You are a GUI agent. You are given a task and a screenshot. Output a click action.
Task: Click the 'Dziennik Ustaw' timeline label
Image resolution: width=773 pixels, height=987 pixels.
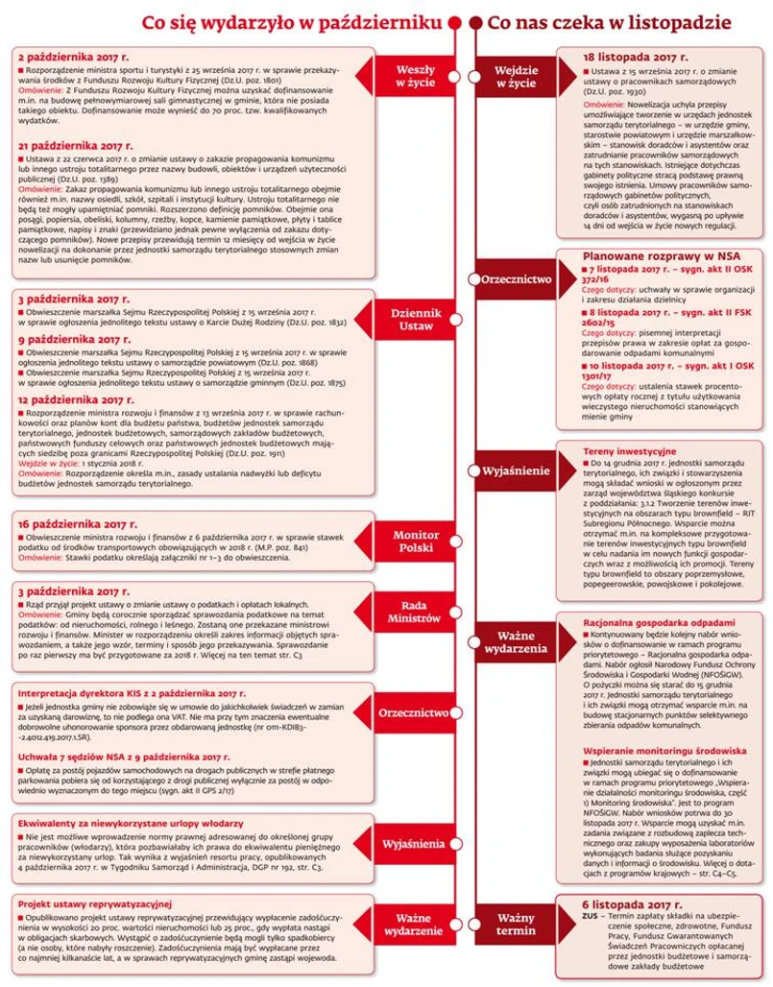tap(417, 320)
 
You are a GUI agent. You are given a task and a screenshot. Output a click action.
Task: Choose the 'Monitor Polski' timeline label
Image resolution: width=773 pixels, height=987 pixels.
tap(417, 542)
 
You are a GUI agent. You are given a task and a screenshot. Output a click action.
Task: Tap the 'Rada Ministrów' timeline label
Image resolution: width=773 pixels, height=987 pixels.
tap(417, 612)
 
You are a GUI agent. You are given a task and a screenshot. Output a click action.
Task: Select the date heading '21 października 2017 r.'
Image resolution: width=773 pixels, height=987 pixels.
tap(78, 144)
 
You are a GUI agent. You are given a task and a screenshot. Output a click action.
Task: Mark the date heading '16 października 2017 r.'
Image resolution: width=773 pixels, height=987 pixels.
tap(78, 525)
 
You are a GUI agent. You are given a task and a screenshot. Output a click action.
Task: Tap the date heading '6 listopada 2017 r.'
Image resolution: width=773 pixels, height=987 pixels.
tap(640, 904)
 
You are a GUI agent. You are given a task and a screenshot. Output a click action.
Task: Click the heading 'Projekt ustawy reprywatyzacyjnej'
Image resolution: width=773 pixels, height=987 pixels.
tap(94, 903)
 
